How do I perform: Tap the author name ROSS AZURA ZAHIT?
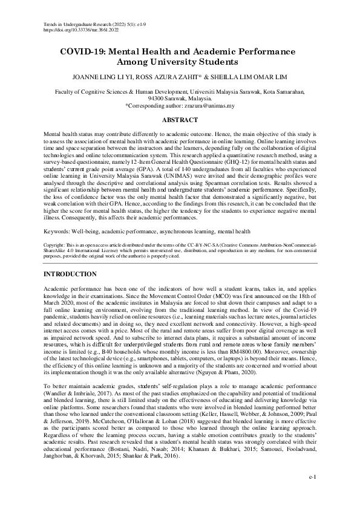[x=180, y=78]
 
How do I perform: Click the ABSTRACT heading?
[x=180, y=120]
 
